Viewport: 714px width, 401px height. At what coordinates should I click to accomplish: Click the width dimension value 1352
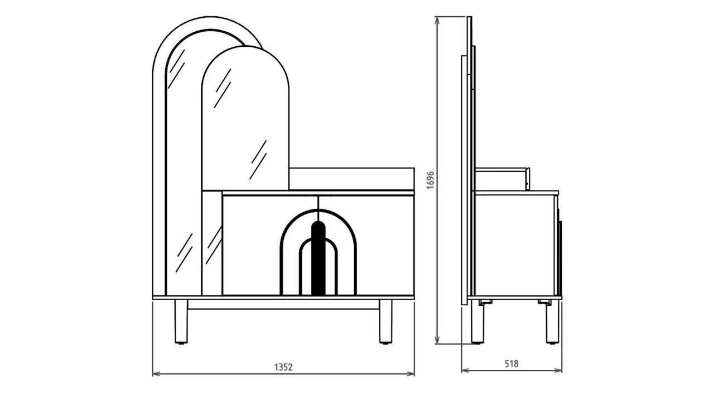pyautogui.click(x=283, y=367)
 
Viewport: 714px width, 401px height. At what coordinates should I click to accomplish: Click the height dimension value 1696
pyautogui.click(x=431, y=180)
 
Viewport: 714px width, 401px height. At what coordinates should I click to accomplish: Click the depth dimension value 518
pyautogui.click(x=512, y=364)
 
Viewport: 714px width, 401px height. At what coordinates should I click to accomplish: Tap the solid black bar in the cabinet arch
pyautogui.click(x=318, y=258)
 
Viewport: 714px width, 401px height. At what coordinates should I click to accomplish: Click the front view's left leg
pyautogui.click(x=181, y=321)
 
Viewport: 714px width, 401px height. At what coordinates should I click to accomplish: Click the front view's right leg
pyautogui.click(x=385, y=321)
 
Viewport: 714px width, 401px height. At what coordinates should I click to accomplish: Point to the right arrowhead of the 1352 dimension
pyautogui.click(x=411, y=374)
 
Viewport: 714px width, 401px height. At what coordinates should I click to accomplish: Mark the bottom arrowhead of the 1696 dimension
pyautogui.click(x=437, y=340)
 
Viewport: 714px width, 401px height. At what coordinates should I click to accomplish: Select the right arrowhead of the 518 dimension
pyautogui.click(x=558, y=370)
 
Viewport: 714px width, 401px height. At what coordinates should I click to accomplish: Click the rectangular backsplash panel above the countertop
pyautogui.click(x=351, y=179)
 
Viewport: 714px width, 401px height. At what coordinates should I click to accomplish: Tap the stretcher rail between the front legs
pyautogui.click(x=283, y=305)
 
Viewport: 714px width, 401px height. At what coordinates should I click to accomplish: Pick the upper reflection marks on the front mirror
pyautogui.click(x=223, y=88)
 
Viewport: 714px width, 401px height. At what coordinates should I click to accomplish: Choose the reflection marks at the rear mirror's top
pyautogui.click(x=176, y=69)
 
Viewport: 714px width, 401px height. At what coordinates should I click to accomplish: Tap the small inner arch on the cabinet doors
pyautogui.click(x=318, y=267)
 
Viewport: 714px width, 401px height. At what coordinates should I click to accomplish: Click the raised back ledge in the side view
pyautogui.click(x=503, y=179)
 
